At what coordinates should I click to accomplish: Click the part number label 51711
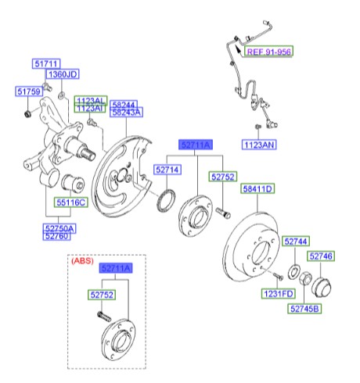coord(45,63)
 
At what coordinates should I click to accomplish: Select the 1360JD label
coord(63,75)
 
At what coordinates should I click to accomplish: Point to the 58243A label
coord(126,113)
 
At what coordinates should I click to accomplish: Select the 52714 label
coord(167,169)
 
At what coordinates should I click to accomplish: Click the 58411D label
coord(256,188)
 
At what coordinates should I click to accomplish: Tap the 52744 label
coord(297,242)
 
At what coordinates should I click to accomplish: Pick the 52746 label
coord(321,256)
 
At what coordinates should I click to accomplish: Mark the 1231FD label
coord(277,295)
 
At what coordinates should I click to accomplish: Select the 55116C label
coord(70,202)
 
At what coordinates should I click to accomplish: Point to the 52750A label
coord(59,227)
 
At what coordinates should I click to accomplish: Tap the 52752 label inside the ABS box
coord(101,295)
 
